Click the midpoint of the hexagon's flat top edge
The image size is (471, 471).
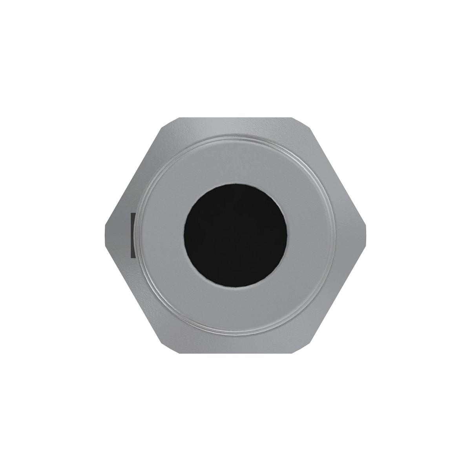tap(235, 117)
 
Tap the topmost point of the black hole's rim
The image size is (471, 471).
tap(236, 183)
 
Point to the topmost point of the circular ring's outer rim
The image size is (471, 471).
tap(236, 135)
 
